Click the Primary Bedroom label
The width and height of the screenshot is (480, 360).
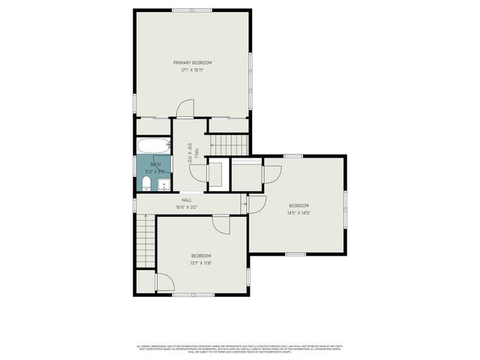pyautogui.click(x=193, y=62)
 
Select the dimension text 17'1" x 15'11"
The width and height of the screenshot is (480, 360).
pyautogui.click(x=193, y=70)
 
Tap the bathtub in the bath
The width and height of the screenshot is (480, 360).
pyautogui.click(x=154, y=145)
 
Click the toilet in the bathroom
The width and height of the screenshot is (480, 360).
pyautogui.click(x=147, y=184)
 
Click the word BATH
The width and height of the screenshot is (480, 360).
pyautogui.click(x=155, y=165)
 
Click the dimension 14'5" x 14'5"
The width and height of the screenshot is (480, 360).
pyautogui.click(x=299, y=212)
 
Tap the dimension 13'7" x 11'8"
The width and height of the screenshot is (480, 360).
pyautogui.click(x=201, y=263)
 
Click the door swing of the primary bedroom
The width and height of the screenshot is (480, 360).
pyautogui.click(x=184, y=109)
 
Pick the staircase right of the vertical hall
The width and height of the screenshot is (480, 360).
pyautogui.click(x=227, y=144)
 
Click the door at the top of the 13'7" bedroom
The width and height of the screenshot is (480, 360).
pyautogui.click(x=221, y=223)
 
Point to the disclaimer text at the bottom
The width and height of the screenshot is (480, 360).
pyautogui.click(x=239, y=348)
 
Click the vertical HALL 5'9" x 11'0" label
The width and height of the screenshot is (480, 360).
pyautogui.click(x=190, y=153)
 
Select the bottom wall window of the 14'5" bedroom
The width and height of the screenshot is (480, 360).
pyautogui.click(x=295, y=253)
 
